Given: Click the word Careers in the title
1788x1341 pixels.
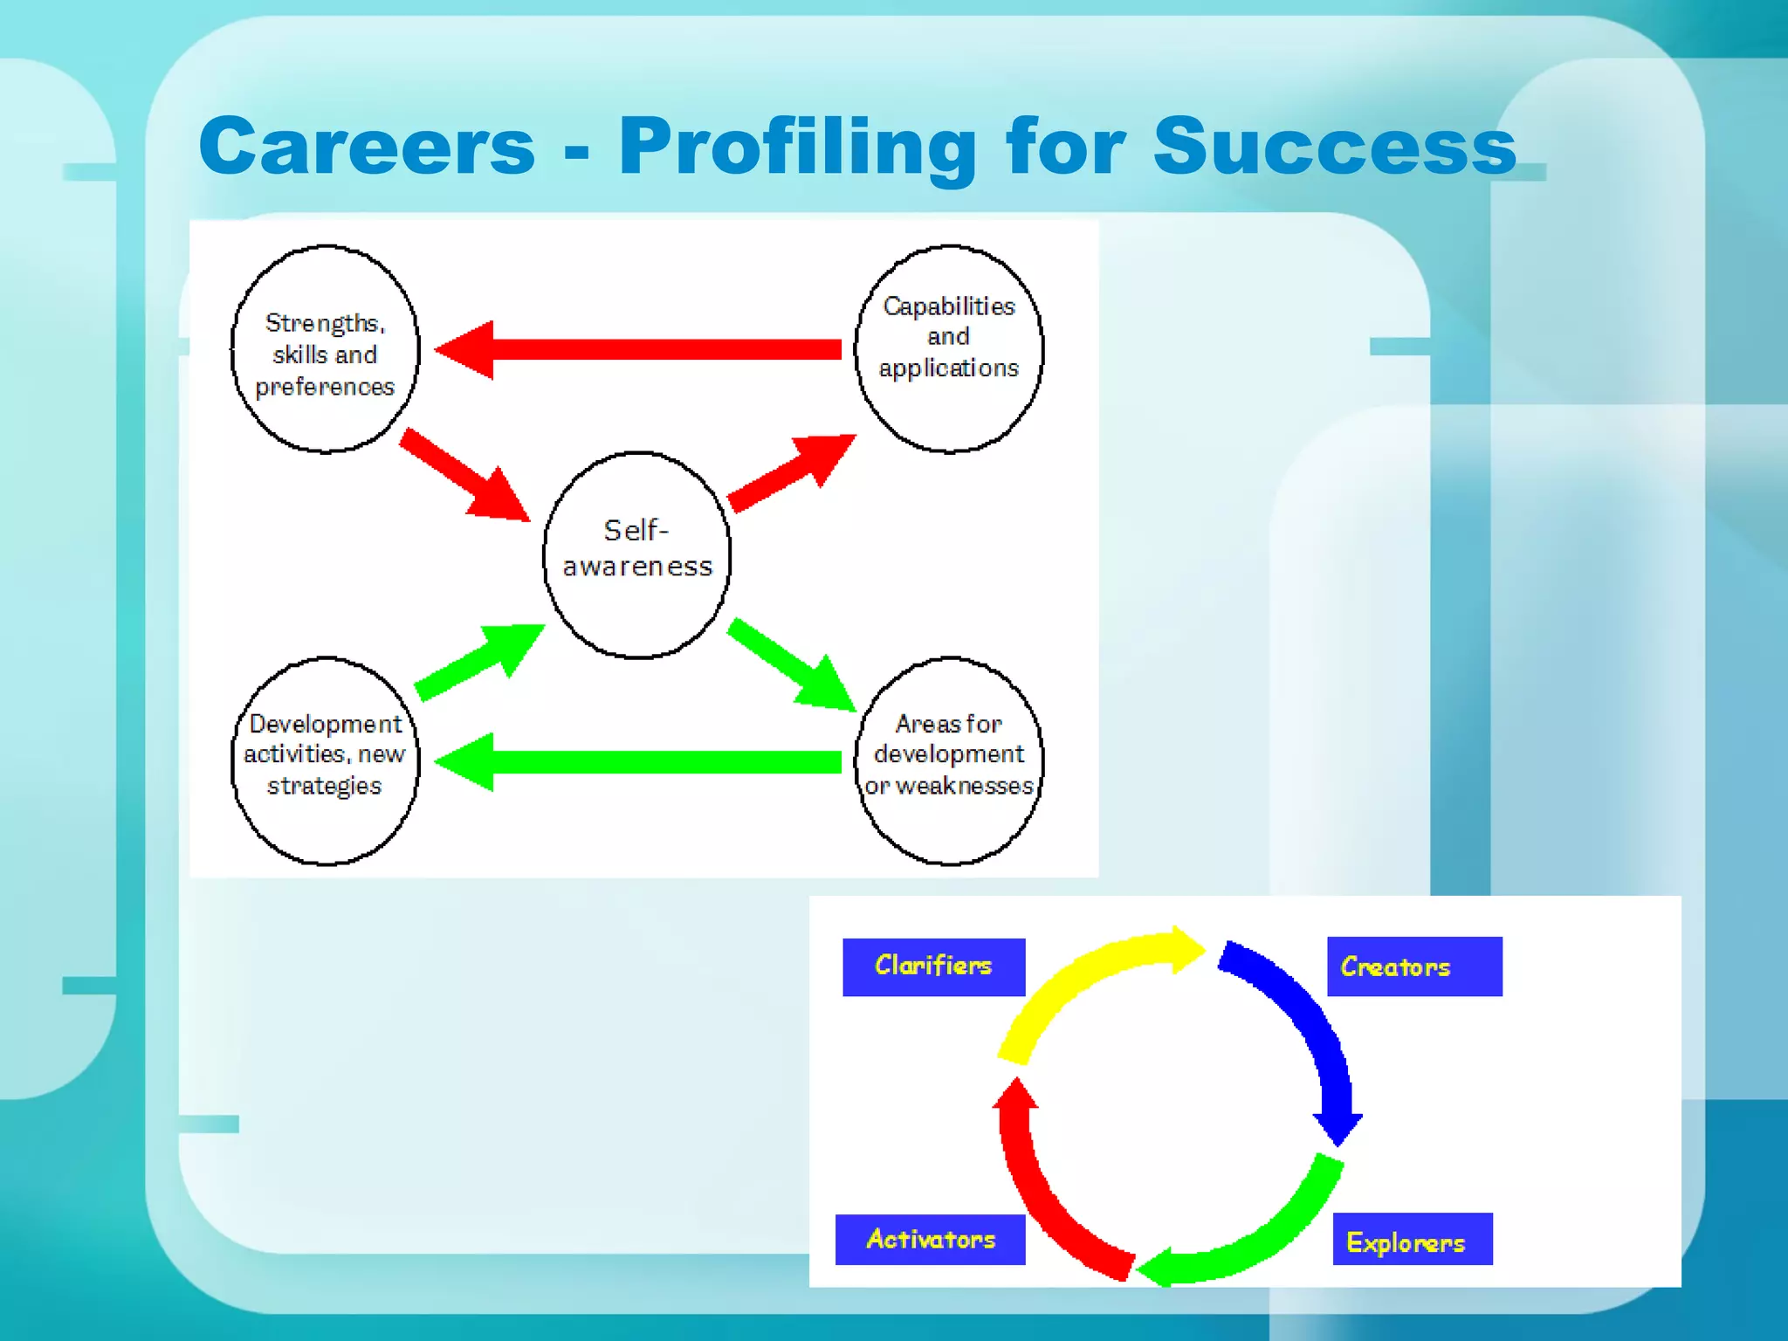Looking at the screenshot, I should coord(367,147).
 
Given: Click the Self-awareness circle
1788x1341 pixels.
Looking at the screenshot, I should coord(637,554).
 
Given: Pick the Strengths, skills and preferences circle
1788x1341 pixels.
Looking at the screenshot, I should coord(325,349).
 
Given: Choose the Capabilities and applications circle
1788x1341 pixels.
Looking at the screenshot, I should coord(949,349).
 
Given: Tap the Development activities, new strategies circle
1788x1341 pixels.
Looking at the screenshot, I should coord(325,760).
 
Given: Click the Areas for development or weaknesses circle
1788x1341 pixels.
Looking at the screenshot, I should coord(949,760).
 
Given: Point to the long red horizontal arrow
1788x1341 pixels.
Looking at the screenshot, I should coord(646,350).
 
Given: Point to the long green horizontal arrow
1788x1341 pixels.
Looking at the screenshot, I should coord(646,762).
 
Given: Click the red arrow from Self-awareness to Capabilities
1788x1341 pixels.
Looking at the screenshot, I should coord(790,473).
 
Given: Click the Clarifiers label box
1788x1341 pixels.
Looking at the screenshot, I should coord(933,966).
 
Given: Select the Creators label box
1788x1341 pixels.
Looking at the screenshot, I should coord(1413,966).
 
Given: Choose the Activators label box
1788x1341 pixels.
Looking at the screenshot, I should coord(930,1239).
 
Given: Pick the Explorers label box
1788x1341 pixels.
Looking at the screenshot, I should coord(1412,1239).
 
